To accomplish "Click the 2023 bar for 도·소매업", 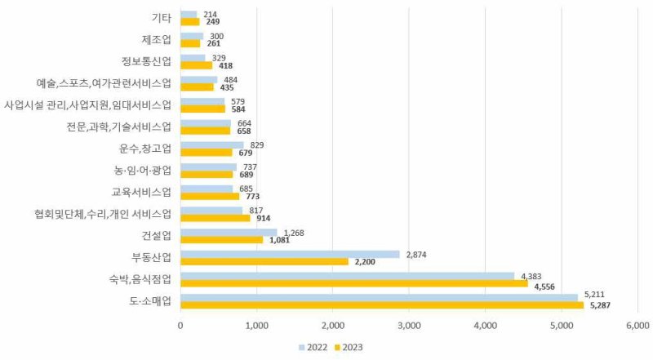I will (381, 305).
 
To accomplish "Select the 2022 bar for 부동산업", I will (290, 254).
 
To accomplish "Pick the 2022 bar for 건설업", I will (229, 232).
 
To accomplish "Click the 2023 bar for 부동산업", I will (264, 262).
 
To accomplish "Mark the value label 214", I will (210, 13).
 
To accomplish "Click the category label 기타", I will (162, 17).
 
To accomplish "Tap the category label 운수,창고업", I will (145, 149).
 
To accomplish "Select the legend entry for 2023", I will (347, 347).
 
